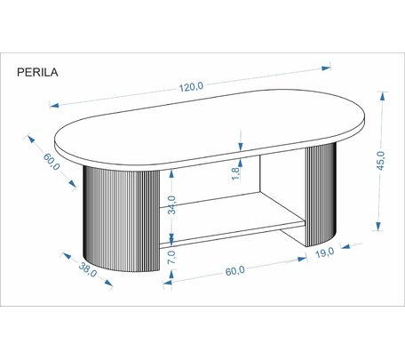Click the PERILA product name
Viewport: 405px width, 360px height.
(37, 72)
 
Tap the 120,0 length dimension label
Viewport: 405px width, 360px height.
(191, 87)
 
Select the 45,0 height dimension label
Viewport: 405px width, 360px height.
(381, 161)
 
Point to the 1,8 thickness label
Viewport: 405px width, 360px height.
(235, 174)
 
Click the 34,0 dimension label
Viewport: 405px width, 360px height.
(171, 204)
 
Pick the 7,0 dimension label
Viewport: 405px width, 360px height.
(171, 257)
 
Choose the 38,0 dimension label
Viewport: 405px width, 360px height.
(88, 270)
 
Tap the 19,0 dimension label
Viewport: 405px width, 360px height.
(325, 253)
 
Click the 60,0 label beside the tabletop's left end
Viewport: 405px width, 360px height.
(52, 162)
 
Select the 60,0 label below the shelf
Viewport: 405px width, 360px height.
(235, 271)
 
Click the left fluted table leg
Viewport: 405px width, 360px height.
(122, 219)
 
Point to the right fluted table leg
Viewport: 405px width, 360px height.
(321, 194)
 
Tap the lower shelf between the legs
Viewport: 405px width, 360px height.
(234, 220)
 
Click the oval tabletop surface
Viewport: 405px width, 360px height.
(210, 126)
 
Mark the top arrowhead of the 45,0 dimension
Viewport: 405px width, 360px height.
(383, 96)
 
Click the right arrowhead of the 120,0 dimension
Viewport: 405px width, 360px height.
(326, 68)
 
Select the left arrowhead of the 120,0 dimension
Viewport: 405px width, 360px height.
(54, 105)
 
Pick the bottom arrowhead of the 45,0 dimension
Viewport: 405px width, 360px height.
(378, 227)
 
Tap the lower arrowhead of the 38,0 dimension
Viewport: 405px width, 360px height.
(108, 283)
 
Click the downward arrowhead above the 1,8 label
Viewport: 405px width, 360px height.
(241, 146)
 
